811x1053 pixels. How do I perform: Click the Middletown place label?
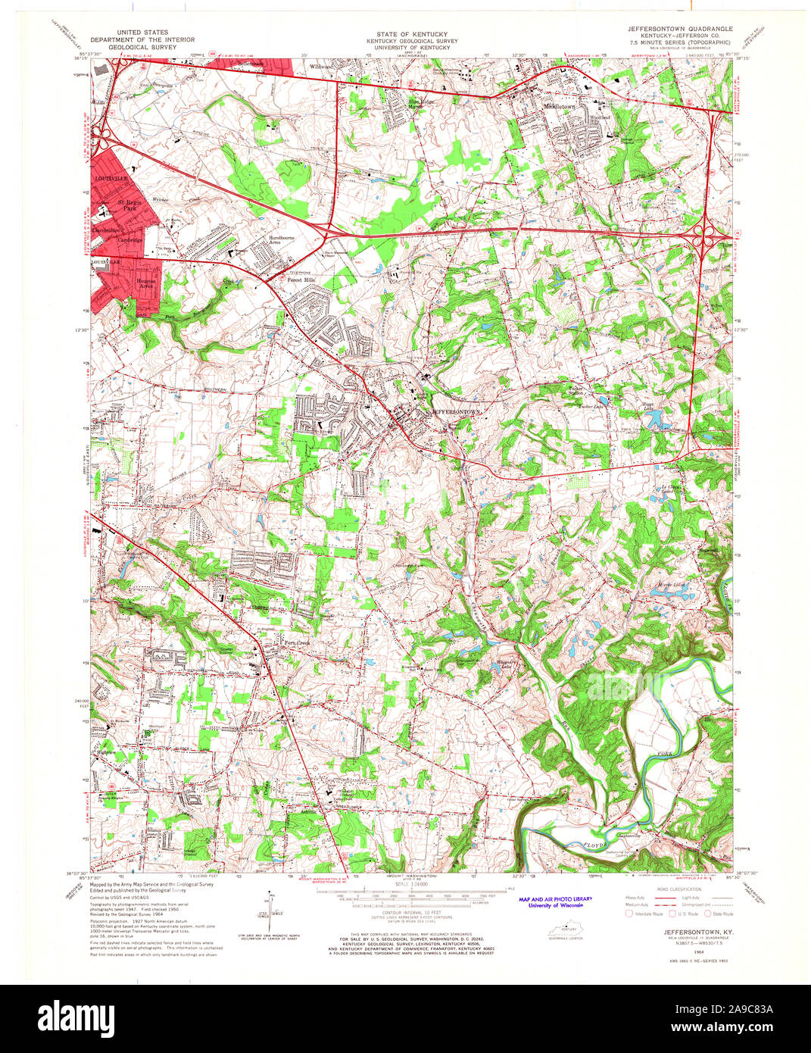(560, 107)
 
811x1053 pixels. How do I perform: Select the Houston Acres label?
(145, 283)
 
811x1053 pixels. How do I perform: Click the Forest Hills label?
(300, 280)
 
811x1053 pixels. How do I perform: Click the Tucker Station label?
(576, 392)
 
